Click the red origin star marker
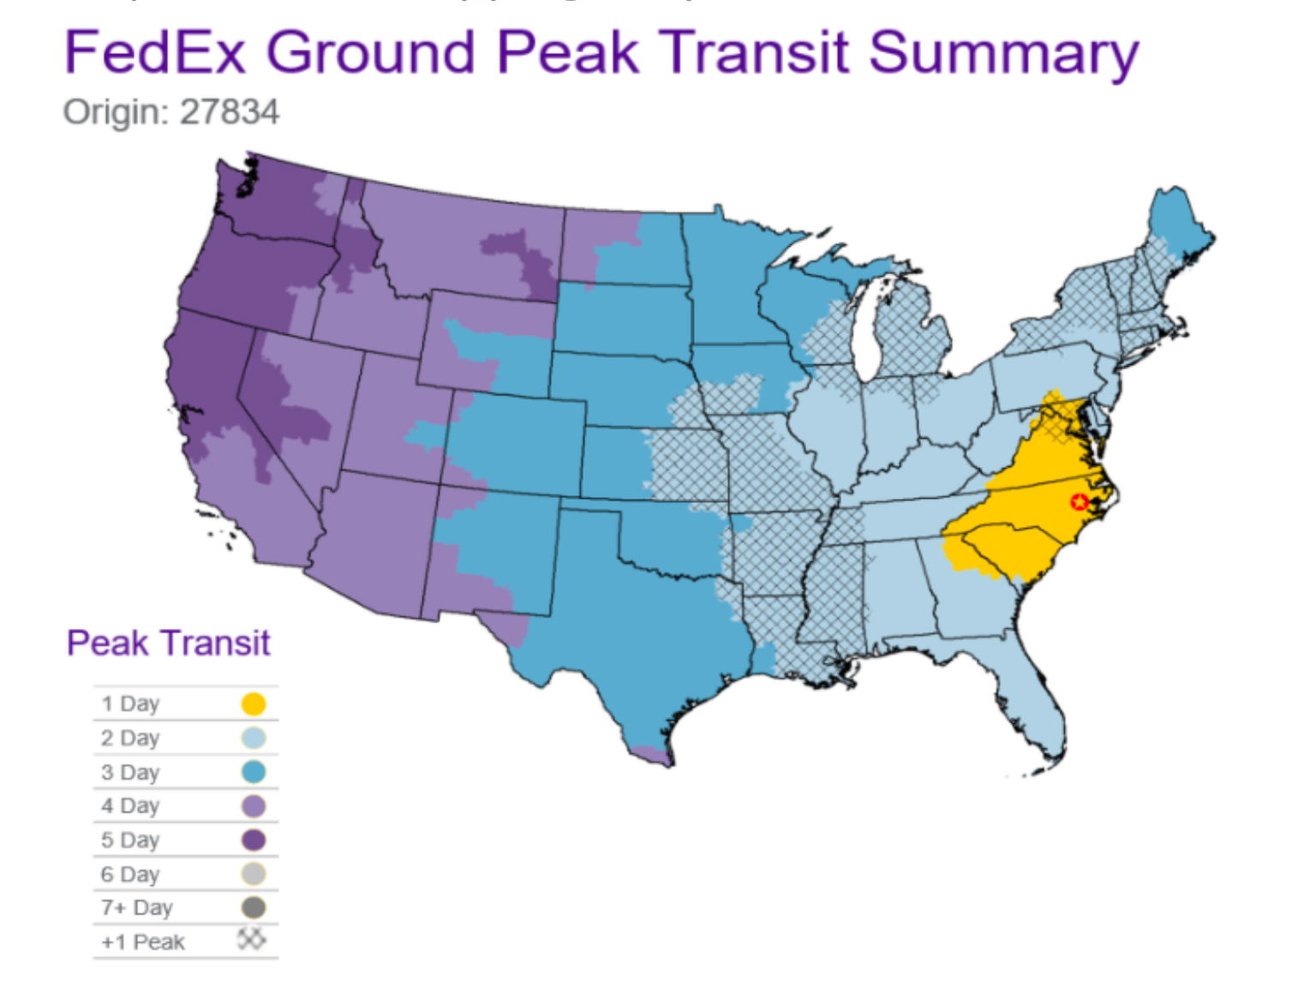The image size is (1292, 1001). click(x=1080, y=501)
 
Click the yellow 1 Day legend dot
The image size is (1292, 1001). click(x=254, y=704)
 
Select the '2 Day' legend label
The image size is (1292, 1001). click(x=130, y=738)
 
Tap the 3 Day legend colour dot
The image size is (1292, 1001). click(x=254, y=772)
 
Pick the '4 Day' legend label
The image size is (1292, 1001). click(x=130, y=806)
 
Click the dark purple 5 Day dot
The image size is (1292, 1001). click(x=254, y=840)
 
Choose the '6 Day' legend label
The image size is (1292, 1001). click(x=130, y=874)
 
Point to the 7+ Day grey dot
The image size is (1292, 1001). click(x=254, y=908)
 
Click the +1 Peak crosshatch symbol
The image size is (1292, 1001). click(x=251, y=940)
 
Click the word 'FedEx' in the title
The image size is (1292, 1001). click(x=155, y=53)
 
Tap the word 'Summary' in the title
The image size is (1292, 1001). click(x=1003, y=53)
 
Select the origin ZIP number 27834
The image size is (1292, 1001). click(x=230, y=112)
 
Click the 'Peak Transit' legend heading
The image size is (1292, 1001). click(x=169, y=643)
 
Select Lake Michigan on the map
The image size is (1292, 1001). click(x=867, y=334)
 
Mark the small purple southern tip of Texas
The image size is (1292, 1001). click(x=655, y=755)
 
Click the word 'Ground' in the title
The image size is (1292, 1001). click(x=370, y=53)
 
